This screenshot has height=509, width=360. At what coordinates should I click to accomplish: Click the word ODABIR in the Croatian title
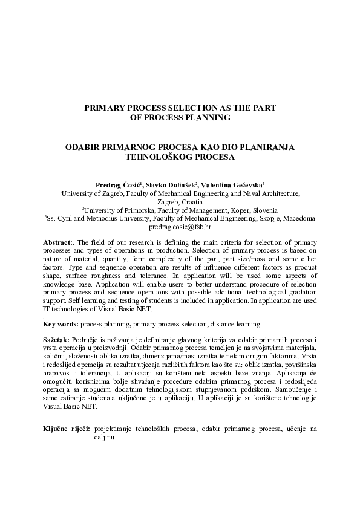point(85,147)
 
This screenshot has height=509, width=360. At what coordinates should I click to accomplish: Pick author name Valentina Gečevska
point(237,184)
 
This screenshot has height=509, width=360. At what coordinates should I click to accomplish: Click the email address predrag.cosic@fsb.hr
point(180,228)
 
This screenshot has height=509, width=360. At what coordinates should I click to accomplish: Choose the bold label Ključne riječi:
point(67,429)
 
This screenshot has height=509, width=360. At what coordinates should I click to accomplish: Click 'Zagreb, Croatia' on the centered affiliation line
point(180,201)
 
